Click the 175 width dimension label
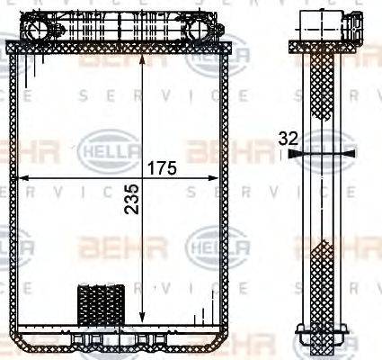pos(162,167)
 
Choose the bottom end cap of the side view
pos(321,340)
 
